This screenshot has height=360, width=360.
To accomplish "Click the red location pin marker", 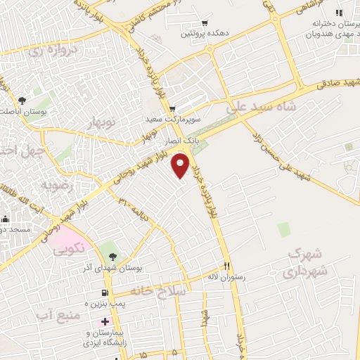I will coord(181,165).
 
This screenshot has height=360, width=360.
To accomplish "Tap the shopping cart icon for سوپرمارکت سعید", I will coord(172,108).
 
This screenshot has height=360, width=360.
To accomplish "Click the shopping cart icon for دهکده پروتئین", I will coord(205,22).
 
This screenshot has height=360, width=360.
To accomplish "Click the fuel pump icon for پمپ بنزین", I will coord(105,292).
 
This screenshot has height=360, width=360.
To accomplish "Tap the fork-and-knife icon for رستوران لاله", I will coord(226,266).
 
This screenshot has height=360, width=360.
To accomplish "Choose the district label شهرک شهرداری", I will coord(309,262).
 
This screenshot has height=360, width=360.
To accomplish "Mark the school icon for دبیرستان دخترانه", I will coord(340,13).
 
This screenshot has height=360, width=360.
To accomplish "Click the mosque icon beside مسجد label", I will coord(4,219).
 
